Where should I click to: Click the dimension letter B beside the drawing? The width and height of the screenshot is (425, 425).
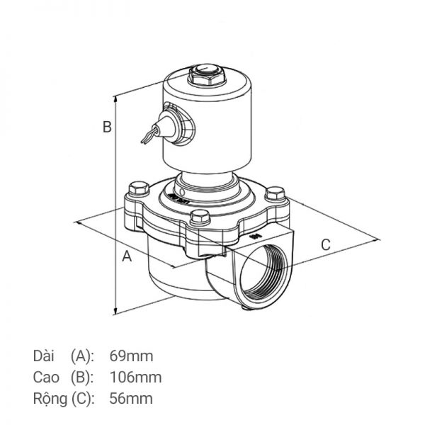pos(106,127)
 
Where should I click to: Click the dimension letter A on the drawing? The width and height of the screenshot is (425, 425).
pos(127,256)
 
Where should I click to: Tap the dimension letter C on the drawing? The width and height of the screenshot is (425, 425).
pos(326,245)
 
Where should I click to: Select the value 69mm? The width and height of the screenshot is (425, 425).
pos(132,355)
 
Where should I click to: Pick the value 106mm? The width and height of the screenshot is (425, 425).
pos(136,377)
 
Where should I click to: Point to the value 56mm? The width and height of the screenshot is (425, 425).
pos(132,399)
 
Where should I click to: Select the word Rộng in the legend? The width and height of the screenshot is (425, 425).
pos(50,399)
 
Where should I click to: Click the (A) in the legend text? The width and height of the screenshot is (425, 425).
pos(82,355)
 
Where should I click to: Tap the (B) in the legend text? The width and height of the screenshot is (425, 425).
pos(82,377)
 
